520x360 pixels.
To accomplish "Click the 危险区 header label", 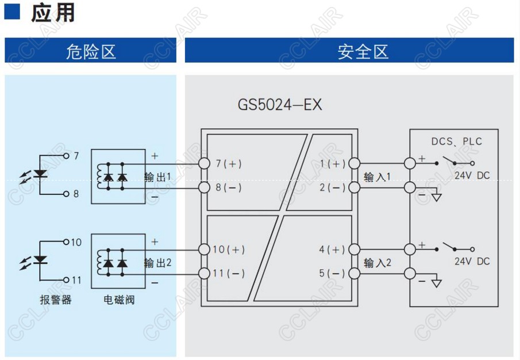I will (x=91, y=52).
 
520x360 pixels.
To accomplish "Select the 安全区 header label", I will (x=363, y=52).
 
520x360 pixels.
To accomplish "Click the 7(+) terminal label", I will (x=229, y=164).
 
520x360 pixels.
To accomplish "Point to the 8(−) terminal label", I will (x=229, y=188).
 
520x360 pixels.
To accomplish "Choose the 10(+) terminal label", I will (x=229, y=250).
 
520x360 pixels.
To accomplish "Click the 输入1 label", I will (x=378, y=177).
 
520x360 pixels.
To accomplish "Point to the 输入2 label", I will (x=378, y=263).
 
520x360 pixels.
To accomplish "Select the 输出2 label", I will (x=158, y=263).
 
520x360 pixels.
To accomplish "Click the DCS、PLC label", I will (x=457, y=141).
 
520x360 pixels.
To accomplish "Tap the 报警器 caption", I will (x=56, y=300).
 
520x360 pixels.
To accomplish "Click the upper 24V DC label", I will (x=472, y=175).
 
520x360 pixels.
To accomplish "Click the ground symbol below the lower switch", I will (x=437, y=284).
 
